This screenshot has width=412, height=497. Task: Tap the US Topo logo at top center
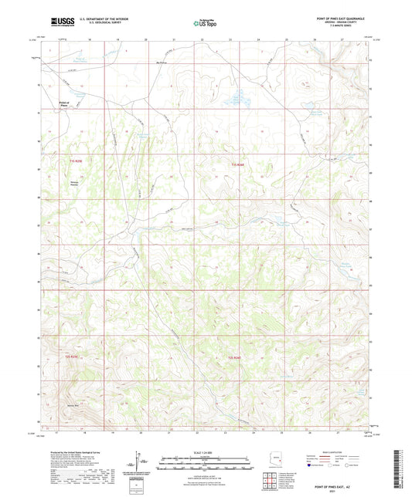point(204,23)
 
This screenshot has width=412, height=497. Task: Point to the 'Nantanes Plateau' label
point(75,183)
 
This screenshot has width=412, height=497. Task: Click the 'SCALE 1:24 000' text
point(206,451)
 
